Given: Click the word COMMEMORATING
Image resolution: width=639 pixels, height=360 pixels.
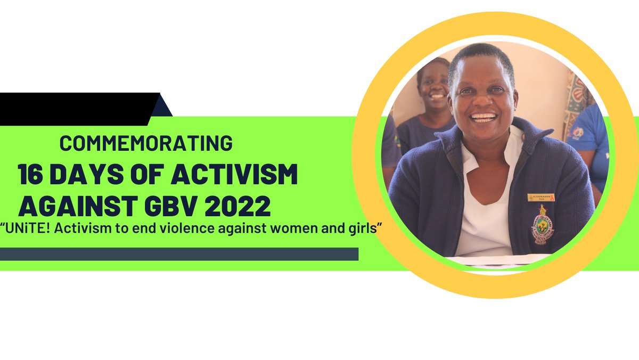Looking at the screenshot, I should (146, 143).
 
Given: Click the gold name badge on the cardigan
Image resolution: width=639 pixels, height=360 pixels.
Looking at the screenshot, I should (541, 198).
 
